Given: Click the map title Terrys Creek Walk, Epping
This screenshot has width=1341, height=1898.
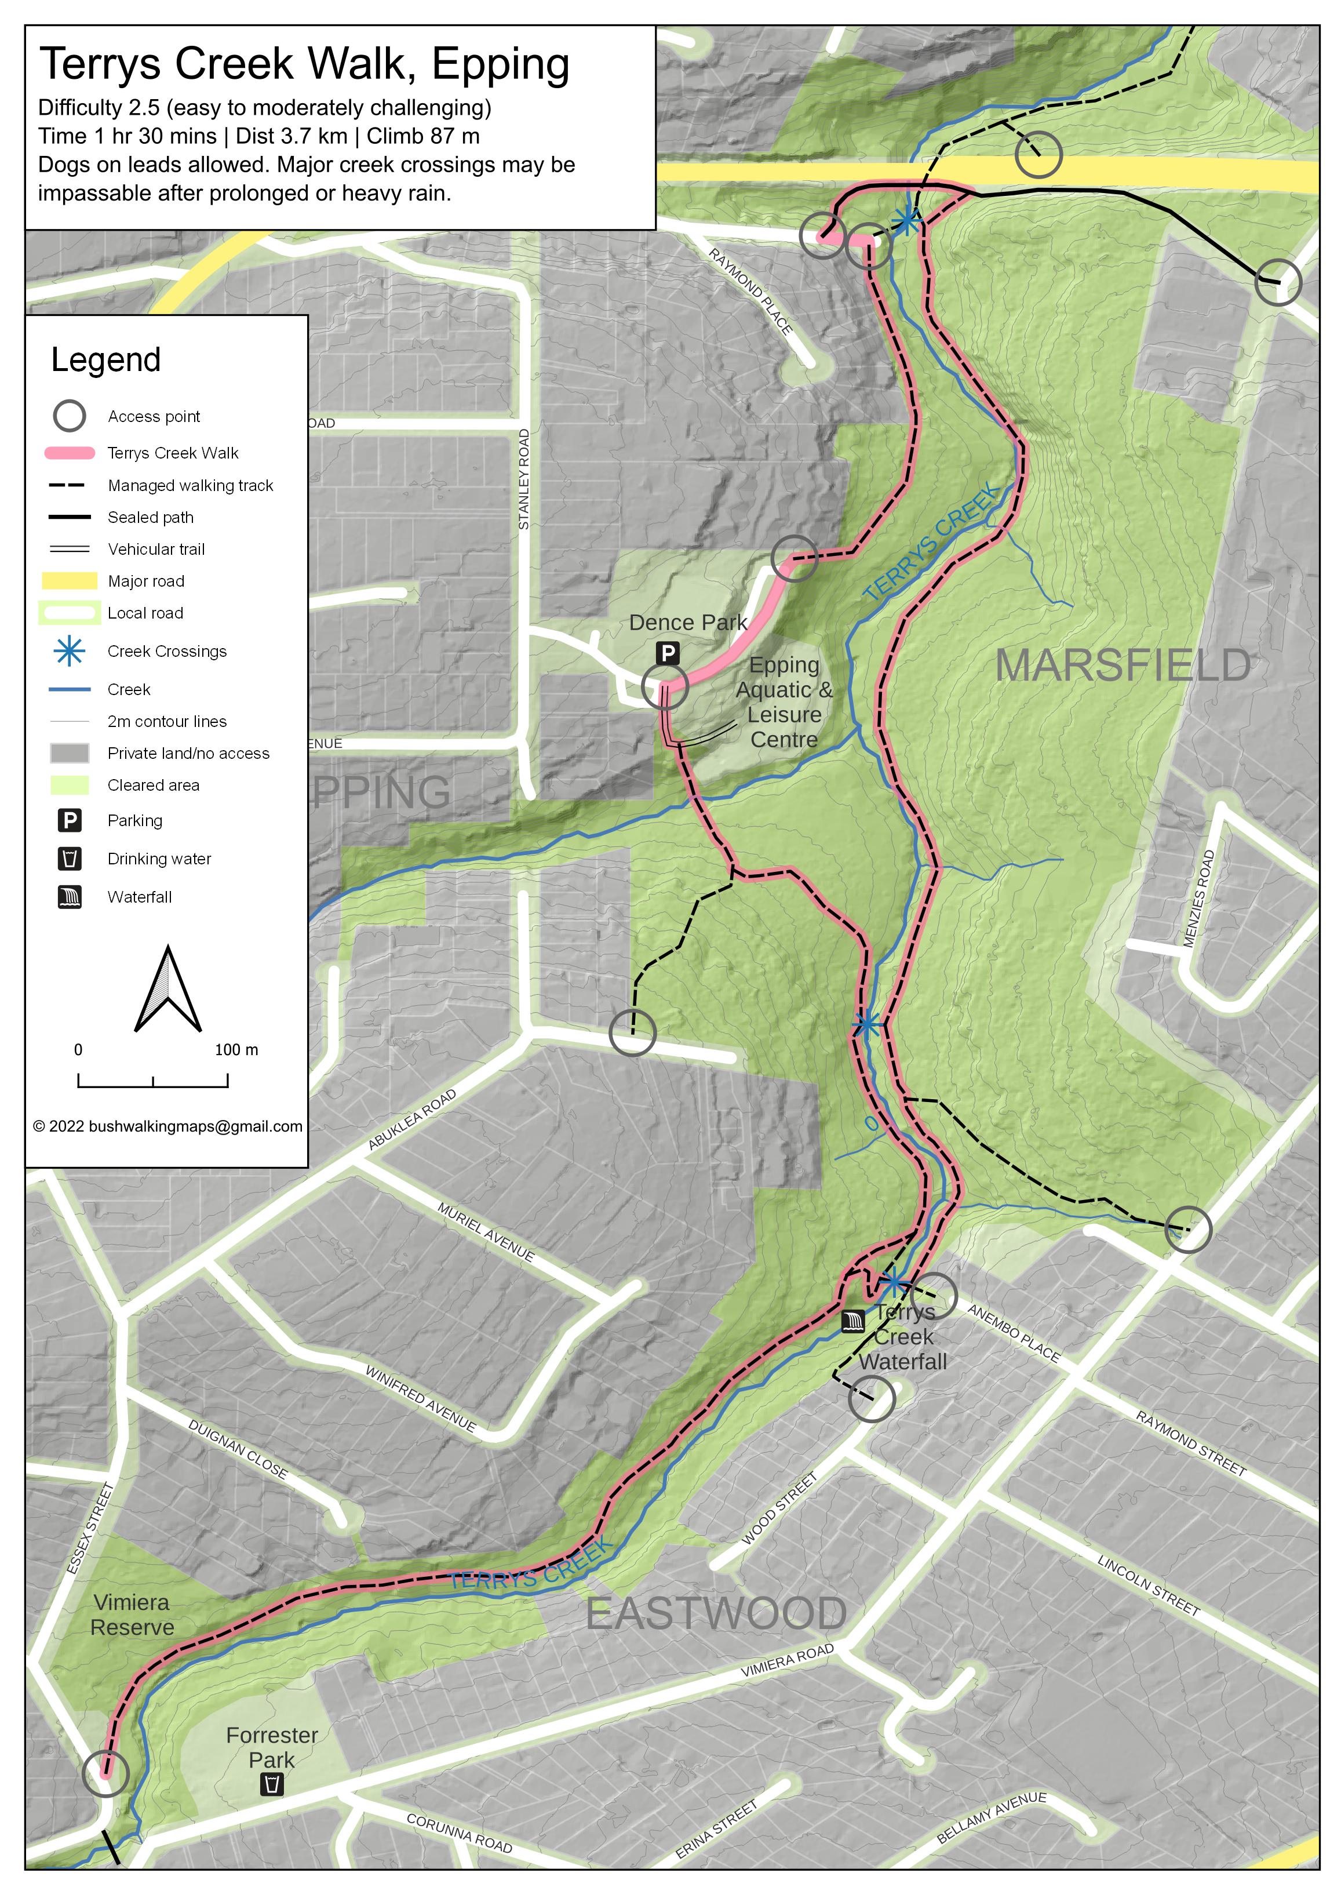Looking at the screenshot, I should pos(304,64).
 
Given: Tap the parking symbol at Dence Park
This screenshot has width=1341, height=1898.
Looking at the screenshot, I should pos(668,653).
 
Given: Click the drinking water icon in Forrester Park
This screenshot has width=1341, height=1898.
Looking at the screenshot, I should pos(272,1784).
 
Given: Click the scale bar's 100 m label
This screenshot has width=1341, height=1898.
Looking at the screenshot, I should pos(236,1050).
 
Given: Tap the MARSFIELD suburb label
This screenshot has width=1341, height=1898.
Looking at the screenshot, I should pos(1122,666).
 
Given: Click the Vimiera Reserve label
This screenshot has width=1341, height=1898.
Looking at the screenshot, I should pos(132,1615).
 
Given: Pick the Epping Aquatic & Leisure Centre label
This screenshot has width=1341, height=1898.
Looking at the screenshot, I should pos(784,702).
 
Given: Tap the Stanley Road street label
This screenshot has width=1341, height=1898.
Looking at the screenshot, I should pos(524,479).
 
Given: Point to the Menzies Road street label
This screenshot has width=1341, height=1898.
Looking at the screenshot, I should pos(1199,898).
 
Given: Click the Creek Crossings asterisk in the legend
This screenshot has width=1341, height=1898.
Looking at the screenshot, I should pos(70,652).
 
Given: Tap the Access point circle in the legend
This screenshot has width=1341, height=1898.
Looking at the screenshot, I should pos(70,416).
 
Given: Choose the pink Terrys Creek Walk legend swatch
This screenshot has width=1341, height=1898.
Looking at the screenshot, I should pos(70,453).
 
